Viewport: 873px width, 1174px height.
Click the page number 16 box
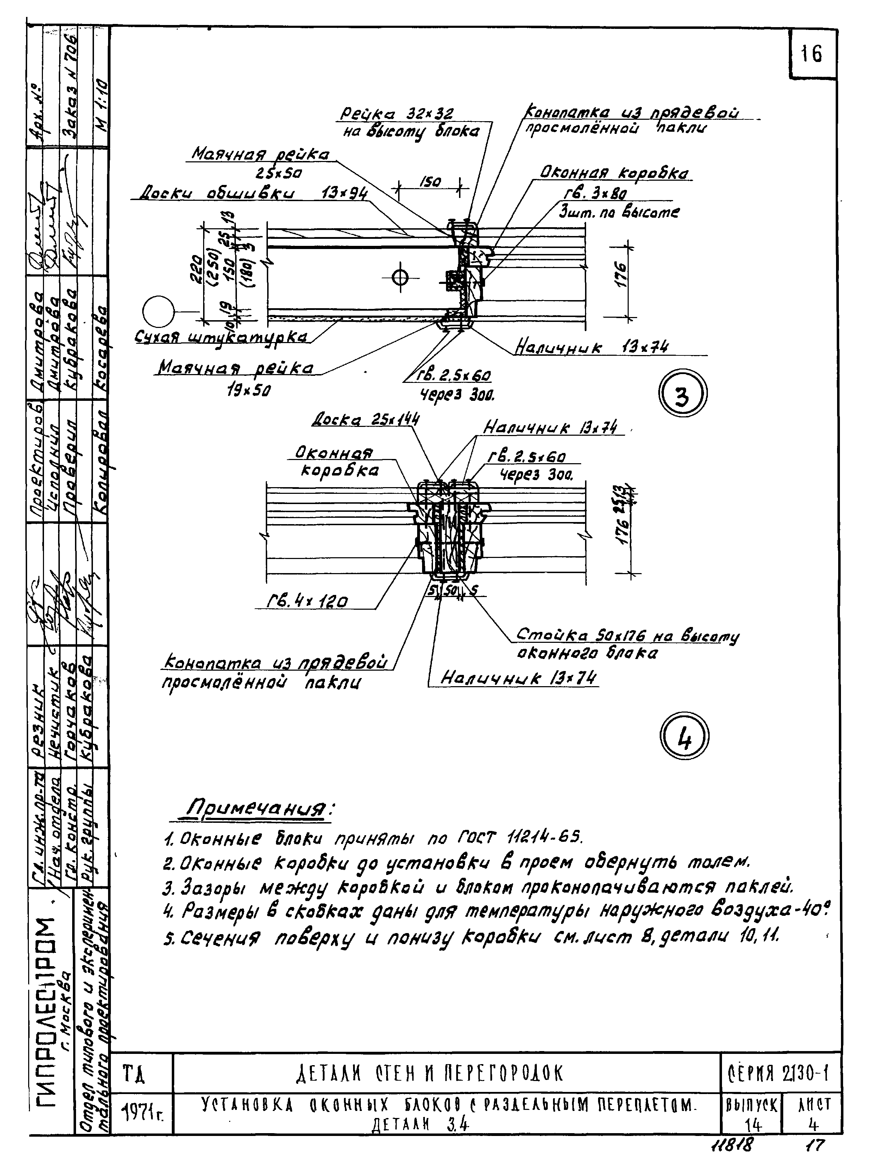pos(812,54)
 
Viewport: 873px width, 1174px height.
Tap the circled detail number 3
pos(682,394)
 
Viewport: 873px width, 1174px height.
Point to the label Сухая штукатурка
pos(221,337)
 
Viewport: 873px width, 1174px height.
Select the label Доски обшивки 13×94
pos(253,194)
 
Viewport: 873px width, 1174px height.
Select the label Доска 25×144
pos(366,420)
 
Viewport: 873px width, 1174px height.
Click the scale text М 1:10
pos(101,104)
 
